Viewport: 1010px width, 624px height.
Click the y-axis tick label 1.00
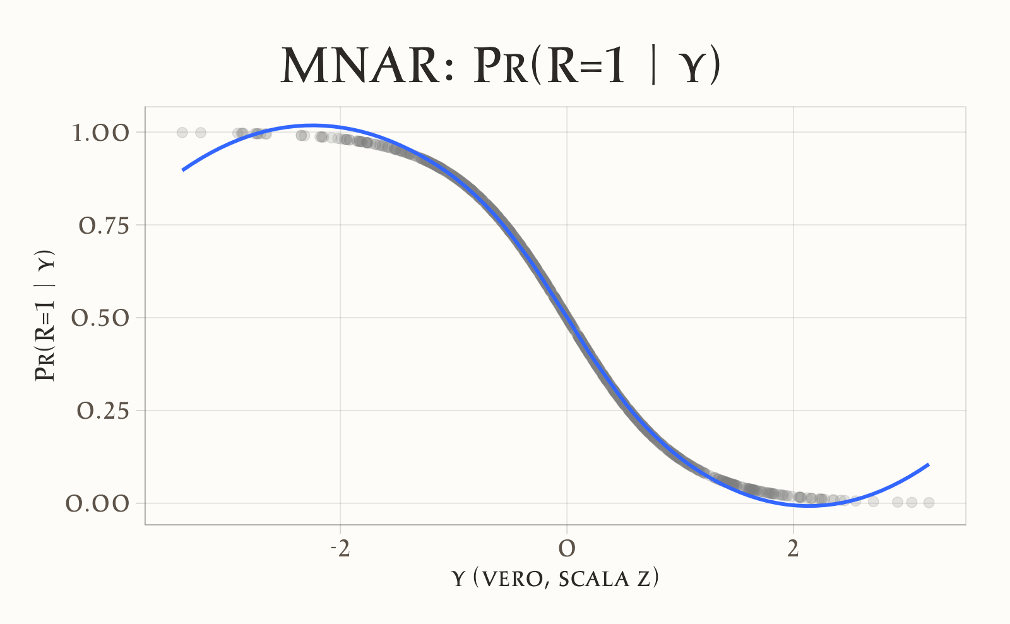(100, 133)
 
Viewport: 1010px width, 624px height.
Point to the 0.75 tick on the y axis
(104, 225)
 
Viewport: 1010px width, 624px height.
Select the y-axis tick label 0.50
(100, 318)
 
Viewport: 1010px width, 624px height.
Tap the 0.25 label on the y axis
(103, 411)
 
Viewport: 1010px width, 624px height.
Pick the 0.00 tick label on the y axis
(98, 503)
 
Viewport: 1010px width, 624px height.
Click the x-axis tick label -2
(340, 549)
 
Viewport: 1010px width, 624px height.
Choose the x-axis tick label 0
(567, 549)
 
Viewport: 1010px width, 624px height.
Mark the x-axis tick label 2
(793, 549)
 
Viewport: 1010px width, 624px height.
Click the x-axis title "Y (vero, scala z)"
(555, 579)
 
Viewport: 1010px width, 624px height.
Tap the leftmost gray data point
(182, 133)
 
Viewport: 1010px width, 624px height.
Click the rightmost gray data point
(929, 503)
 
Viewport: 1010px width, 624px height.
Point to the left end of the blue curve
(183, 170)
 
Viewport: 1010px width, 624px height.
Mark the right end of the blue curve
(929, 464)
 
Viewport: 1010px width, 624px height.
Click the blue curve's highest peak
(312, 125)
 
